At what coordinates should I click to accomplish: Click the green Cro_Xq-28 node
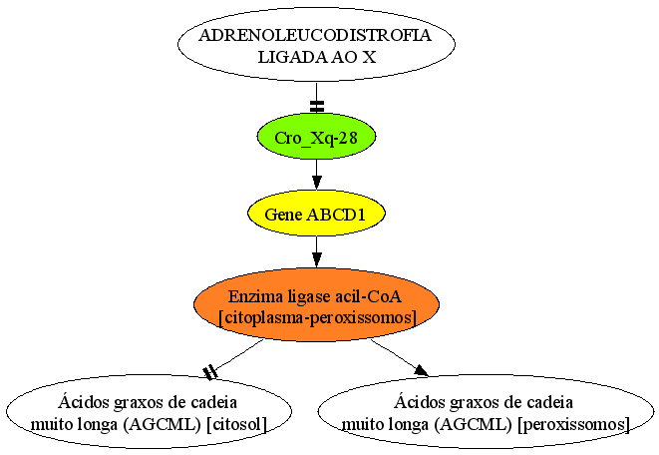(x=316, y=137)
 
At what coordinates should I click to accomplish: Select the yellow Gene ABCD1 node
(x=316, y=214)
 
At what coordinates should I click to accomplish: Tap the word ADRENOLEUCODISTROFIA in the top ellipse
(x=315, y=35)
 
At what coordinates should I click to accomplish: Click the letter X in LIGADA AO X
(x=369, y=57)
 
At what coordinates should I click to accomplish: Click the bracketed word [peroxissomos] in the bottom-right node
(x=573, y=424)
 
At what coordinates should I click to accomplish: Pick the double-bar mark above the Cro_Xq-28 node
(x=316, y=107)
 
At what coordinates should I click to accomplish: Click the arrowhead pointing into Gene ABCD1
(x=316, y=183)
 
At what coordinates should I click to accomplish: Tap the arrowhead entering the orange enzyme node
(x=316, y=259)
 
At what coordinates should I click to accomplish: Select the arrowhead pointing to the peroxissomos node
(x=421, y=371)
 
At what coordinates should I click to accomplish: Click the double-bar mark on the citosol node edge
(x=209, y=373)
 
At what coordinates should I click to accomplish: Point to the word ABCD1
(x=336, y=215)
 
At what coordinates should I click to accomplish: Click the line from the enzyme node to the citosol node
(x=237, y=356)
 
